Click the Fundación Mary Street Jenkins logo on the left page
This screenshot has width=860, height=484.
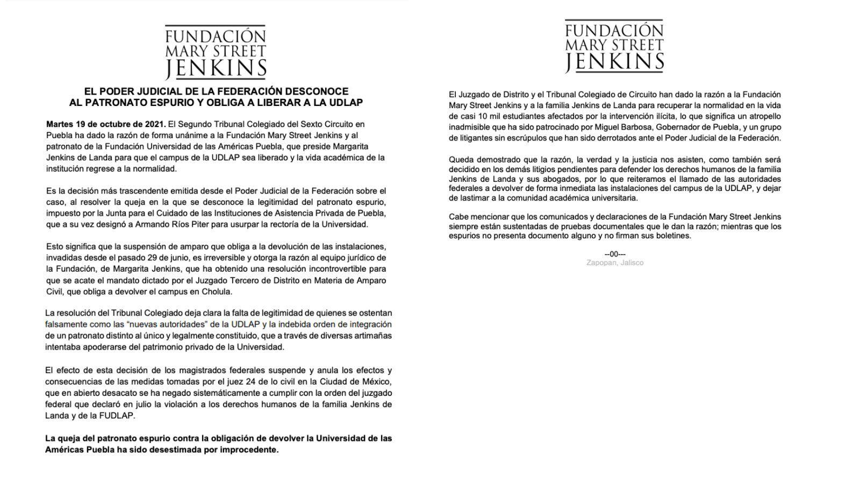pyautogui.click(x=216, y=52)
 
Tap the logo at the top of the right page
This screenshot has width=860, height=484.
pyautogui.click(x=614, y=46)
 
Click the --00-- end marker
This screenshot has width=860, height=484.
pyautogui.click(x=615, y=254)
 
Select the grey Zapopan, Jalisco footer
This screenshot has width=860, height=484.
pyautogui.click(x=615, y=262)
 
